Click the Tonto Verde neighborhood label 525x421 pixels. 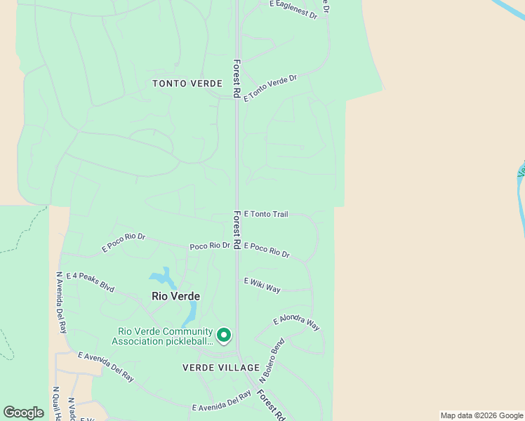[x=188, y=83]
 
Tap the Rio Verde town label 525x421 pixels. [x=175, y=296]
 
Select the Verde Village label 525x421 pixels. [x=221, y=368]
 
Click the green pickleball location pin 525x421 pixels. [x=224, y=335]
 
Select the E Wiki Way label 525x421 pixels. [x=262, y=285]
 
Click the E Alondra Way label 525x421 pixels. [x=295, y=322]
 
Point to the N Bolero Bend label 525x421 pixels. [x=271, y=359]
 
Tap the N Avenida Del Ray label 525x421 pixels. [x=61, y=302]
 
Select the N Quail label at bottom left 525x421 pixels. [x=56, y=403]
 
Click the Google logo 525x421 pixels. [x=24, y=412]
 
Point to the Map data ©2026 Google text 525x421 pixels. [x=481, y=415]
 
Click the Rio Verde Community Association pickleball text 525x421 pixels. [x=165, y=337]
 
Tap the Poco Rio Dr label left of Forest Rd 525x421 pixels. [x=210, y=246]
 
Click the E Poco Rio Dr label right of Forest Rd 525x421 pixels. [x=267, y=250]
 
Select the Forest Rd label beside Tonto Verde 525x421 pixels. [x=237, y=78]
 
